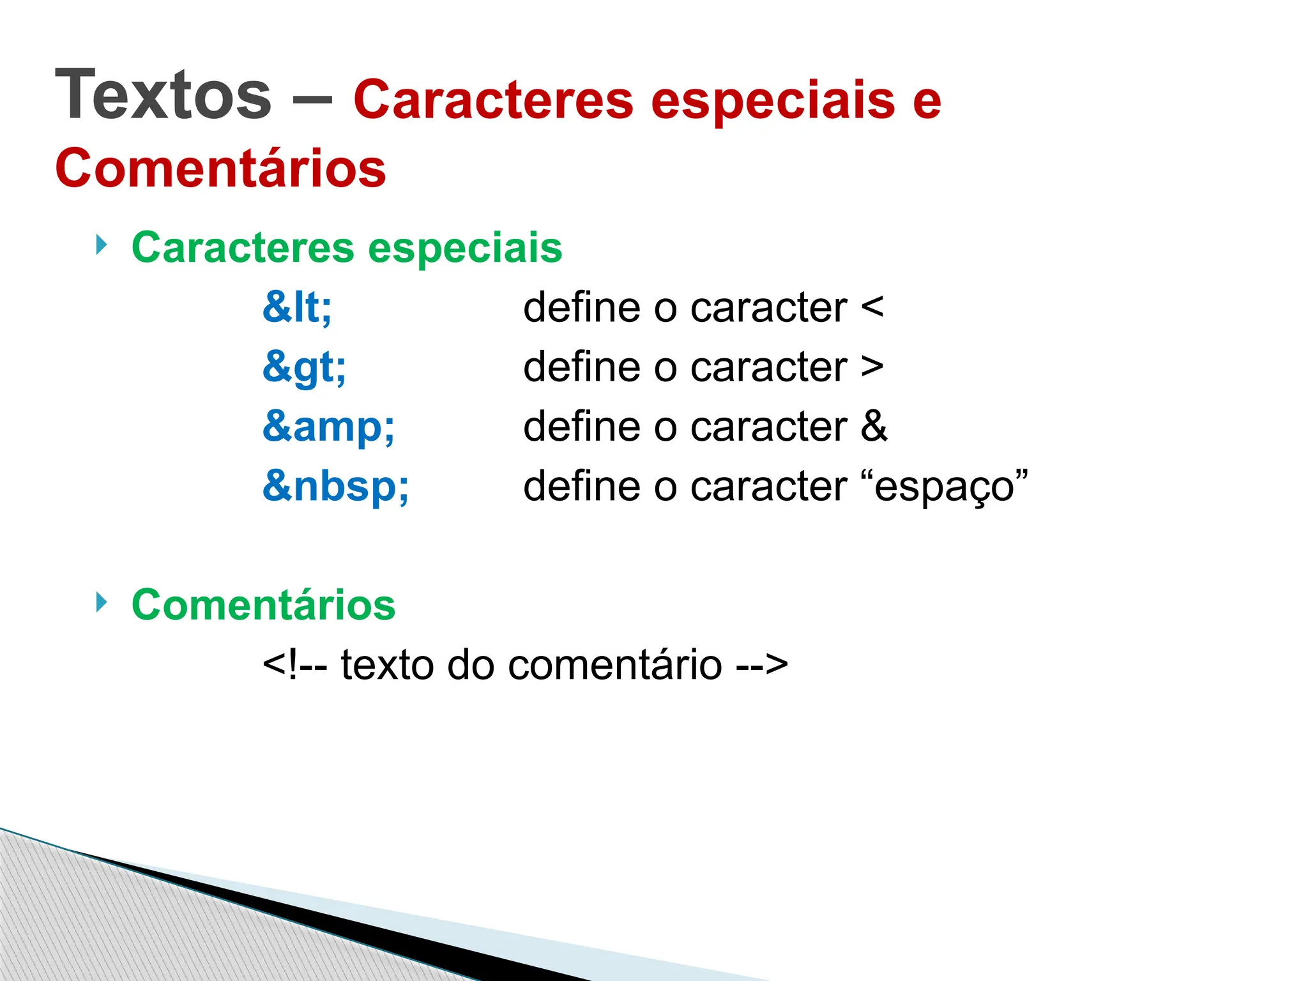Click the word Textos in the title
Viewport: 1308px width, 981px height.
[x=163, y=95]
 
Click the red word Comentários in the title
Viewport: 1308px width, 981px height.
[x=221, y=168]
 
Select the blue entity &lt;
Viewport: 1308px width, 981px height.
[x=297, y=307]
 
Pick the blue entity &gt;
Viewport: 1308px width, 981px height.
[x=304, y=367]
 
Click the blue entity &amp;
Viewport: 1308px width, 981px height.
[x=328, y=426]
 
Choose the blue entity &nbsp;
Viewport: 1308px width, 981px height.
[x=335, y=485]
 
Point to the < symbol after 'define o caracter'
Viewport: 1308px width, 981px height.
[x=872, y=307]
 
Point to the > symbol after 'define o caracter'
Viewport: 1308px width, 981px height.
[x=872, y=367]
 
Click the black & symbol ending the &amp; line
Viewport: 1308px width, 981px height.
[x=874, y=426]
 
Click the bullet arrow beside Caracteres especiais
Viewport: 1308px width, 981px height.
[x=101, y=244]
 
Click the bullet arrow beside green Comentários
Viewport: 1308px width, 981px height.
[x=101, y=602]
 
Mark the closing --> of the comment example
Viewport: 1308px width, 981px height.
[x=762, y=665]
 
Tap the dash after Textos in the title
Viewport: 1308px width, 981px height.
[x=312, y=100]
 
